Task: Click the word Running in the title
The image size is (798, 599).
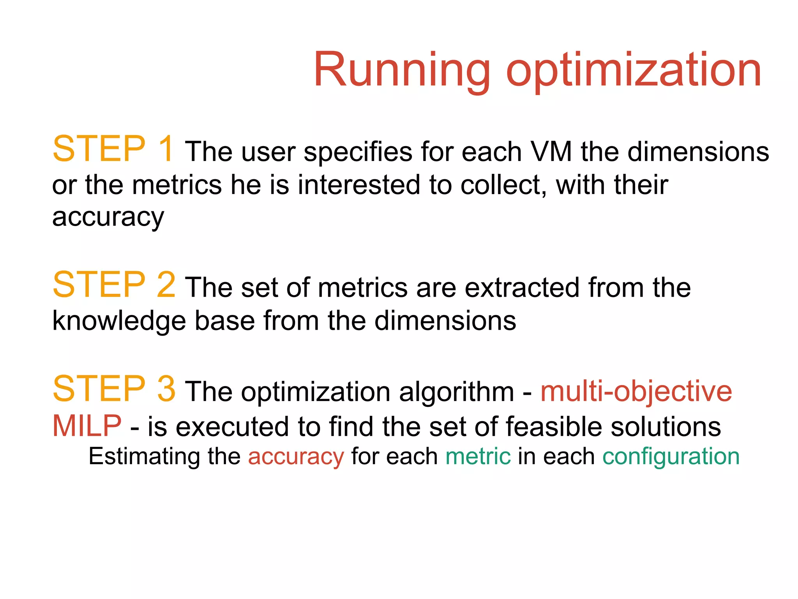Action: pos(401,70)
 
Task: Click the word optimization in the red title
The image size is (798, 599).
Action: pos(633,70)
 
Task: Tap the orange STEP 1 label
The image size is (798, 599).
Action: pos(113,149)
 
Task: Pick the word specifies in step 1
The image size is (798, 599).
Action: pos(358,152)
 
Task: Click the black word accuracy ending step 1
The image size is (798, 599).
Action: pos(108,217)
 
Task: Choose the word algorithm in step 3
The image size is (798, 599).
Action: pos(457,392)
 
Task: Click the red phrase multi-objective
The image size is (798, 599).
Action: pos(636,392)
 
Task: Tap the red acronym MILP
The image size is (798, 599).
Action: pos(87,426)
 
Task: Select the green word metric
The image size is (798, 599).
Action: pos(478,456)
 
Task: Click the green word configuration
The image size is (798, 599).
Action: pos(671,457)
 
